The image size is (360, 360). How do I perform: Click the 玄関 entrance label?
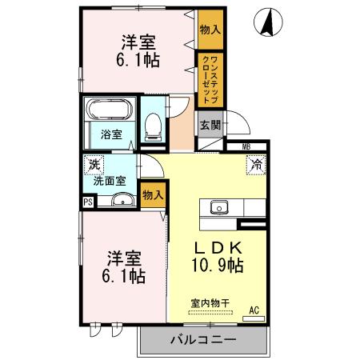209,125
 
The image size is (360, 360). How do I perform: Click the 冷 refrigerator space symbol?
256,166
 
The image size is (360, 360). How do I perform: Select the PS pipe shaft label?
88,202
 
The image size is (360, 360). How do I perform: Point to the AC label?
254,310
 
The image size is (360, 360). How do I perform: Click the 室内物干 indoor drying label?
209,302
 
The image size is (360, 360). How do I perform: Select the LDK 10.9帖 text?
214,255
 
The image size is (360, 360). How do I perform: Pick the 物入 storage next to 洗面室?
153,194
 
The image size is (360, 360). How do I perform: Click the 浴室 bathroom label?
111,134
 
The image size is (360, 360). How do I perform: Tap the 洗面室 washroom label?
110,181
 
